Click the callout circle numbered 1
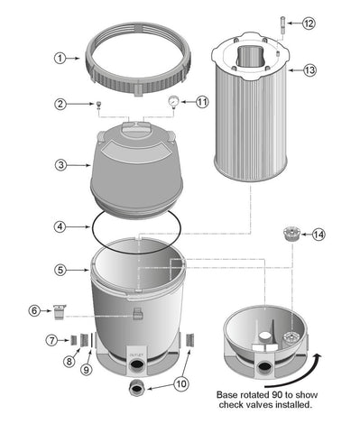click(60, 58)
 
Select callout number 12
click(309, 23)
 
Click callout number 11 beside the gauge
click(202, 102)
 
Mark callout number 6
click(60, 310)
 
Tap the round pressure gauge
click(171, 102)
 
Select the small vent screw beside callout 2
click(97, 105)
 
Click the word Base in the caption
click(229, 395)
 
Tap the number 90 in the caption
click(282, 395)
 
